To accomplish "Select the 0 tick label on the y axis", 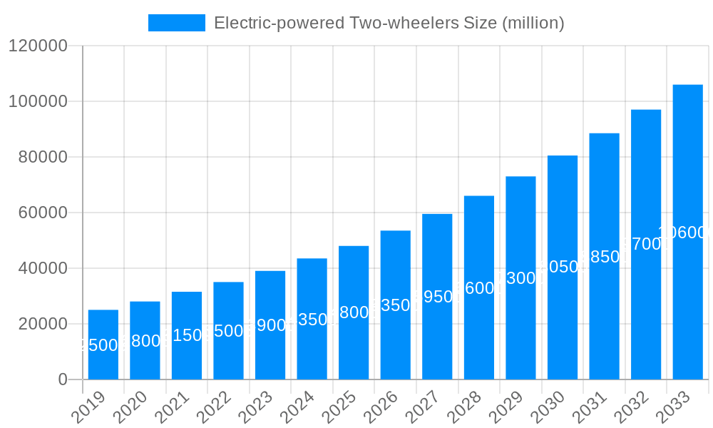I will pos(62,380).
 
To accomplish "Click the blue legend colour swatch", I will pos(176,23).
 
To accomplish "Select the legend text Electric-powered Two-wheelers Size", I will pos(389,23).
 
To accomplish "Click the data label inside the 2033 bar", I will pos(687,233).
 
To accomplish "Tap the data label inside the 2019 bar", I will pos(103,345).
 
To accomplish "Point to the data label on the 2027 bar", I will pos(437,297).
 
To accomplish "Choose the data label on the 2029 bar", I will pos(520,278).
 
